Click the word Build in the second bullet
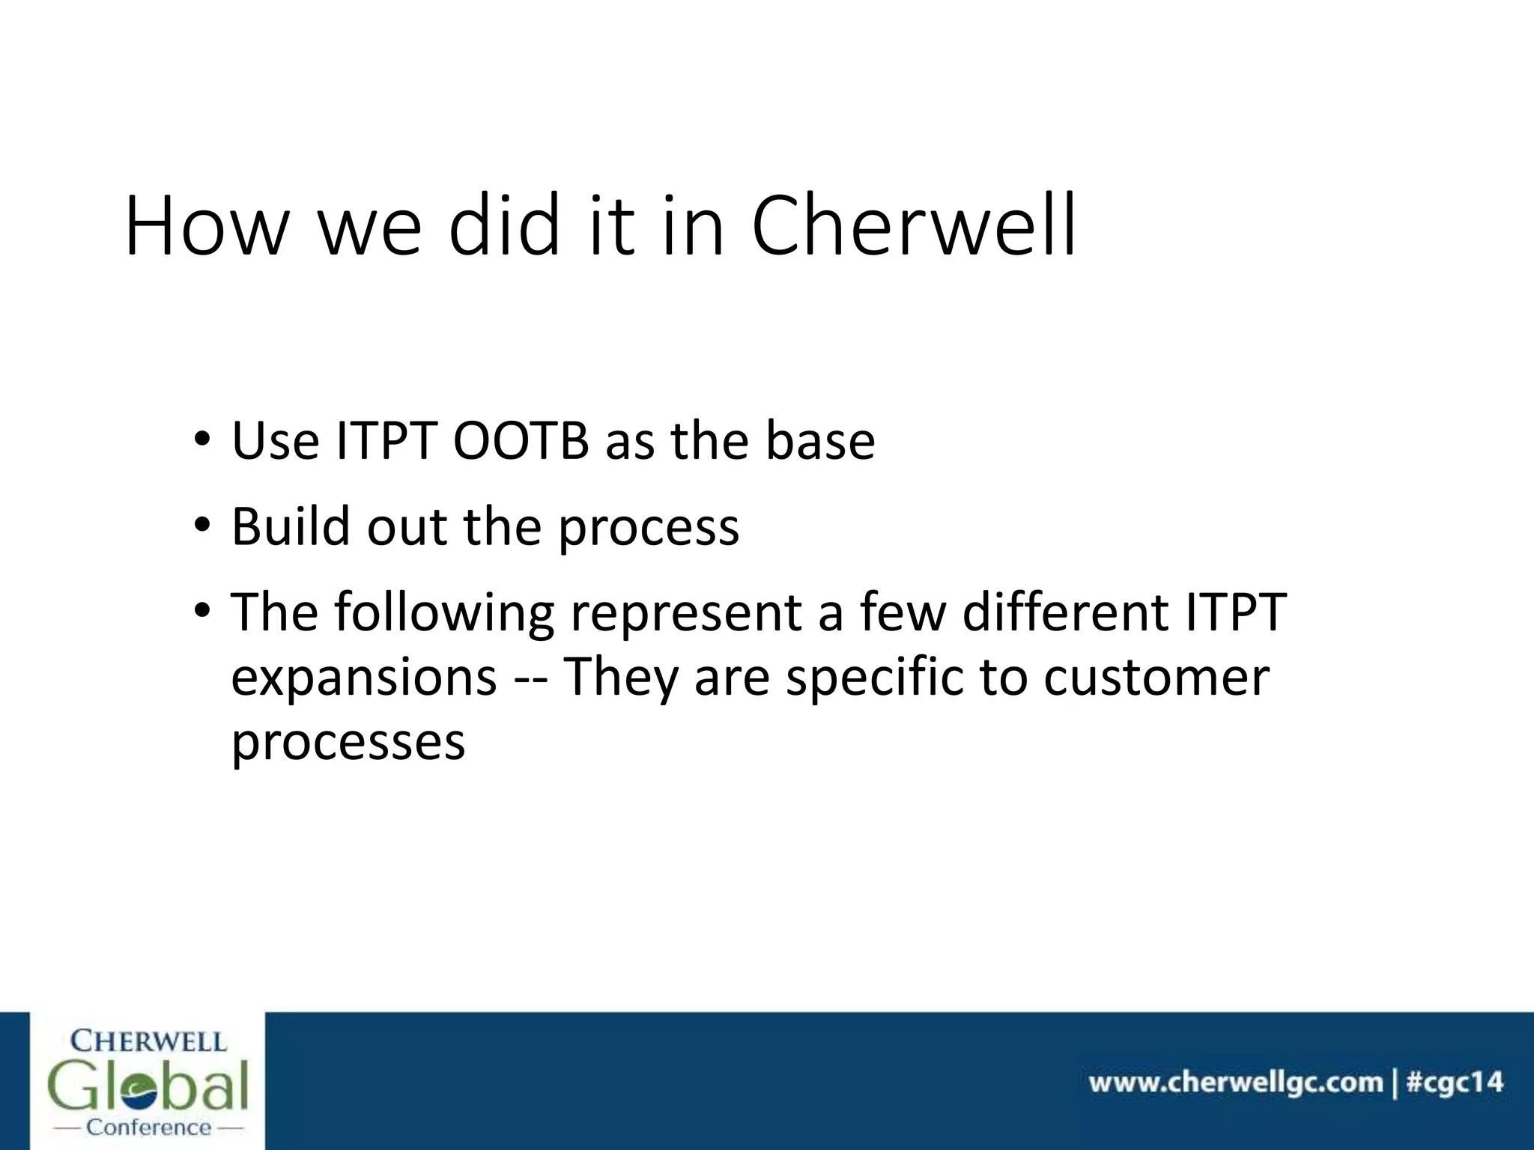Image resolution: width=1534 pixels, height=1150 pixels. coord(291,526)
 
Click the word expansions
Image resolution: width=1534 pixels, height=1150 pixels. coord(364,678)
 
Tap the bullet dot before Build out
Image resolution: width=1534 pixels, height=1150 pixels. coord(201,526)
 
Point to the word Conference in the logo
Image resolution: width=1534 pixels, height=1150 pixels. coord(149,1127)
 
